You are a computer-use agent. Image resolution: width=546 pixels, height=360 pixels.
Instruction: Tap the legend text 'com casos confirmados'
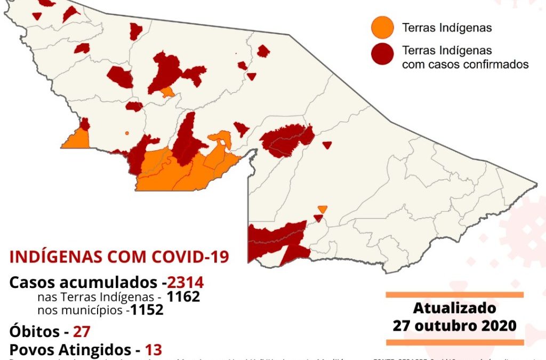(x=465, y=65)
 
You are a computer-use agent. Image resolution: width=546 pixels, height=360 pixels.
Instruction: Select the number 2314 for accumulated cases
(x=185, y=283)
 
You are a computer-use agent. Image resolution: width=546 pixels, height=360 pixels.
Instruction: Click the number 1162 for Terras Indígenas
(x=183, y=297)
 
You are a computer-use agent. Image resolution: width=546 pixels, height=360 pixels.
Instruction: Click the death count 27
(x=82, y=331)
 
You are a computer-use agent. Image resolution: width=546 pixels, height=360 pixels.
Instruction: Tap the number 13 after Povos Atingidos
(x=154, y=350)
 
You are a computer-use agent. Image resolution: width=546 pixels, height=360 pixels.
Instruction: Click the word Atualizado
(x=454, y=309)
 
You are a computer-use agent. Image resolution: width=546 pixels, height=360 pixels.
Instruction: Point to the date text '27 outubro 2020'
(x=454, y=325)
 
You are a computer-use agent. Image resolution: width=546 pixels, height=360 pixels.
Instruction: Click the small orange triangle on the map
(x=322, y=209)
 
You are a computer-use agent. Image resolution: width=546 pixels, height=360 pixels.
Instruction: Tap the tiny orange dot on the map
(x=127, y=133)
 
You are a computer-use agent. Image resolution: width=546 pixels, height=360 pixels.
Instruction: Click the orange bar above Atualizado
(x=454, y=294)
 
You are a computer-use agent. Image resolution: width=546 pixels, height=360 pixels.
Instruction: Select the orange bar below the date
(x=454, y=342)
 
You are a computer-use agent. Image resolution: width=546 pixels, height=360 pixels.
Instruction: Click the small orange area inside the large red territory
(x=167, y=92)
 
